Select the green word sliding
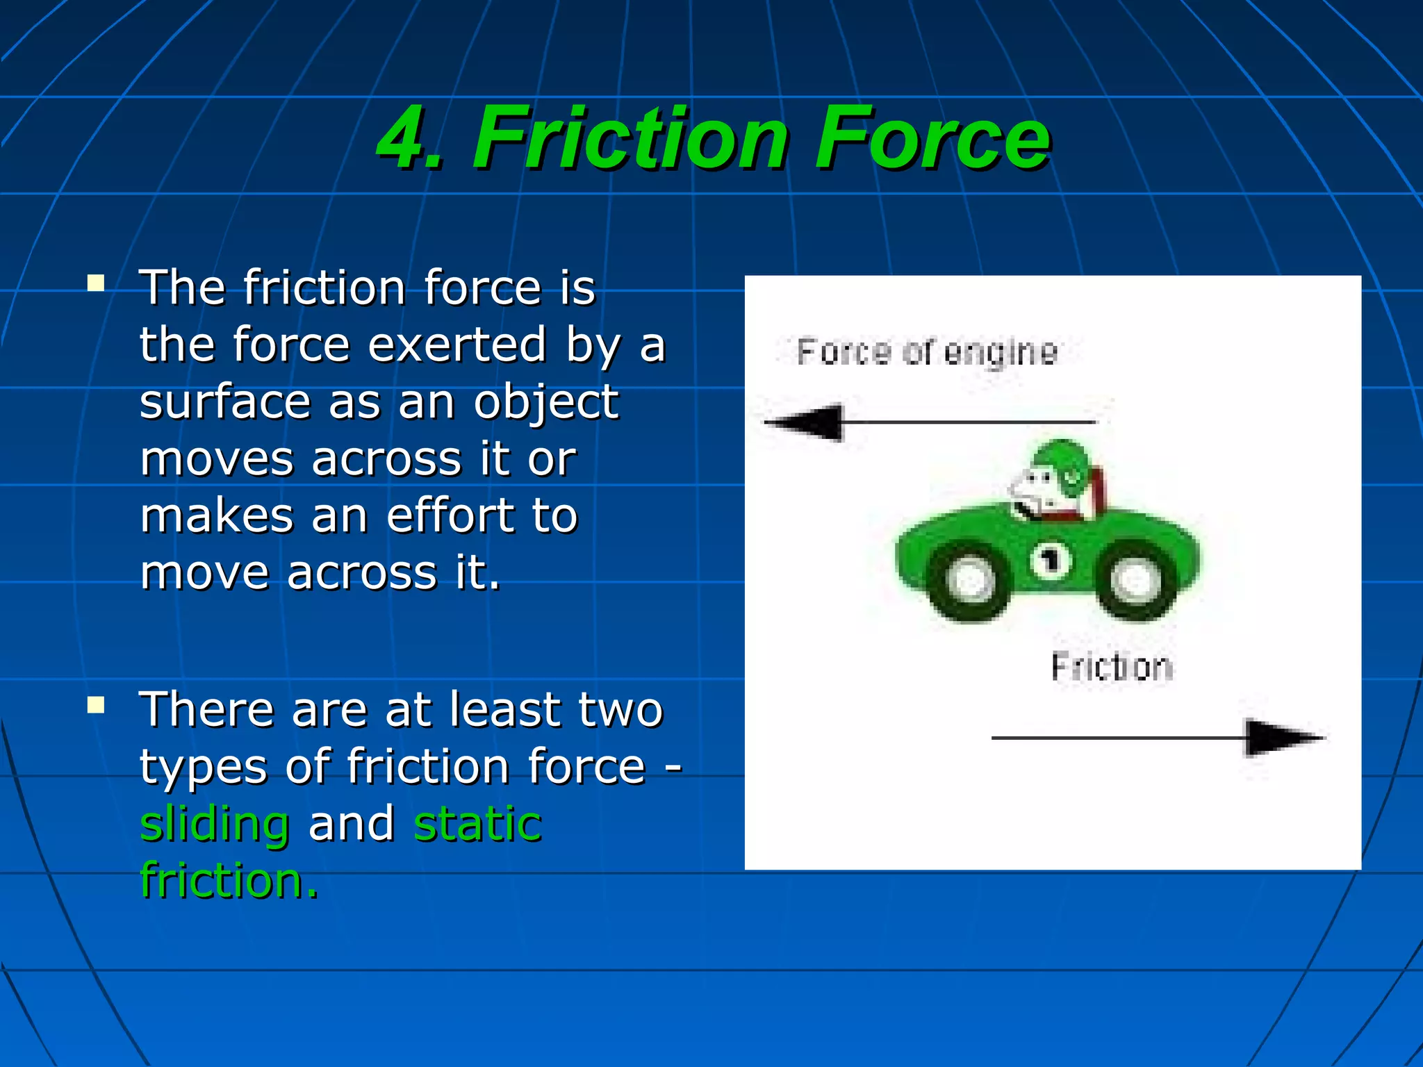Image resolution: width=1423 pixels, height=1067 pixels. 215,824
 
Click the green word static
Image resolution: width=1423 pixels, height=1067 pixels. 477,824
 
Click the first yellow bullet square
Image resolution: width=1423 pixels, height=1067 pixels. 96,283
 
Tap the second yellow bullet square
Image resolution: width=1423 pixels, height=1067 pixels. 96,706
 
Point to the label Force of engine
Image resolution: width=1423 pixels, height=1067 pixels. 927,352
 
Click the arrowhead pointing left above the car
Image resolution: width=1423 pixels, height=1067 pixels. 806,422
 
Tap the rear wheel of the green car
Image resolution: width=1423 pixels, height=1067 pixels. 1135,581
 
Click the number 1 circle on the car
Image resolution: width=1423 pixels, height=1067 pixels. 1051,560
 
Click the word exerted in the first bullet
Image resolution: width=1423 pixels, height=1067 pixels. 457,345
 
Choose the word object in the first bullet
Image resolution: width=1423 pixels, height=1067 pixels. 546,403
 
